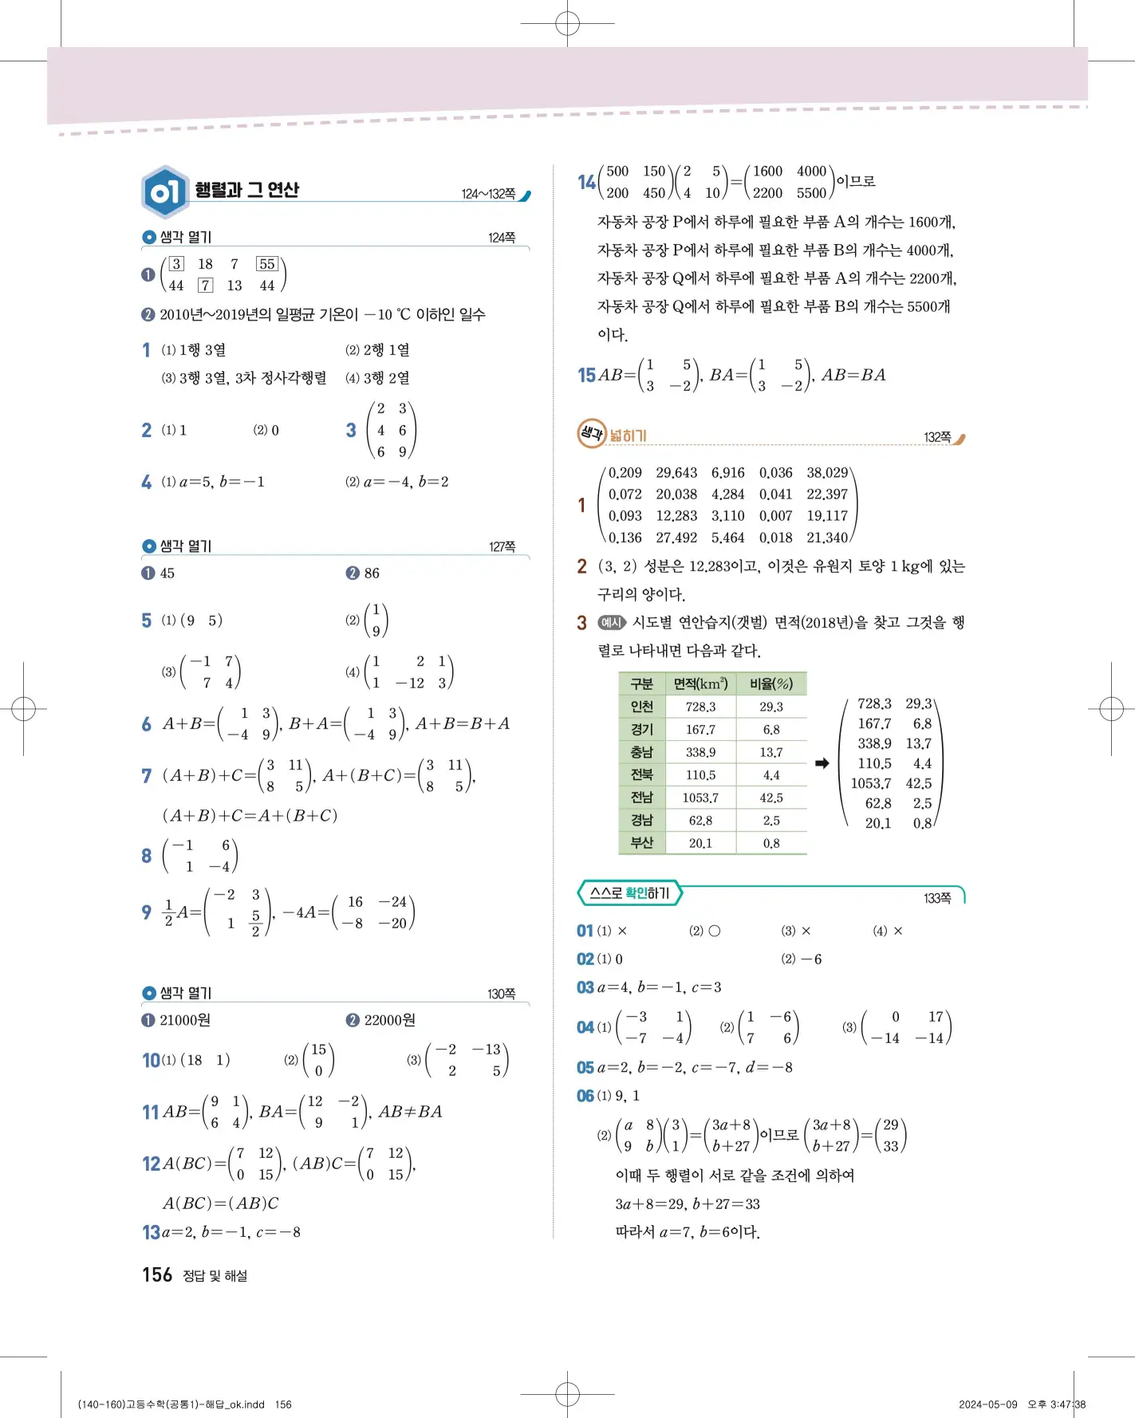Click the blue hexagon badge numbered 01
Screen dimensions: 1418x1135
[x=164, y=192]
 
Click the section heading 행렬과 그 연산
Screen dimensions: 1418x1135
[x=247, y=190]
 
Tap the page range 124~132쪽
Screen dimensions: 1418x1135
[x=488, y=194]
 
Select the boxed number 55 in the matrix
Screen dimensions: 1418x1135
[x=266, y=264]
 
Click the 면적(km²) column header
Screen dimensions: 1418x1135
[x=700, y=684]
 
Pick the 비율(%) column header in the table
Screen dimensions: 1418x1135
[x=770, y=684]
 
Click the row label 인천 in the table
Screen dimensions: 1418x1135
[x=641, y=707]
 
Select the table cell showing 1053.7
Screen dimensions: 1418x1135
[x=700, y=798]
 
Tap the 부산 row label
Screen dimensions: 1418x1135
[x=641, y=843]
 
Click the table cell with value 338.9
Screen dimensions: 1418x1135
[x=700, y=753]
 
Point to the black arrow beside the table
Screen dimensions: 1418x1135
[x=822, y=764]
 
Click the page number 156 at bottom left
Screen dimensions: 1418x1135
[x=157, y=1275]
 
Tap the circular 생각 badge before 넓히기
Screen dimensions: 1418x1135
[x=592, y=434]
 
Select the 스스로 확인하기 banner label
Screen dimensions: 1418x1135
[x=629, y=894]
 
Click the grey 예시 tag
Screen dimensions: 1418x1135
[x=612, y=623]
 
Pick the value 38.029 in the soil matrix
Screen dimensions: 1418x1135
[x=827, y=473]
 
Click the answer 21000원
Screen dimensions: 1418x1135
[x=185, y=1021]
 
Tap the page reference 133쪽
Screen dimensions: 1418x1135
[x=937, y=899]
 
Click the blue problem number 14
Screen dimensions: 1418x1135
[x=586, y=183]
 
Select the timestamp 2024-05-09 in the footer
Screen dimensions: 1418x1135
[x=988, y=1404]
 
